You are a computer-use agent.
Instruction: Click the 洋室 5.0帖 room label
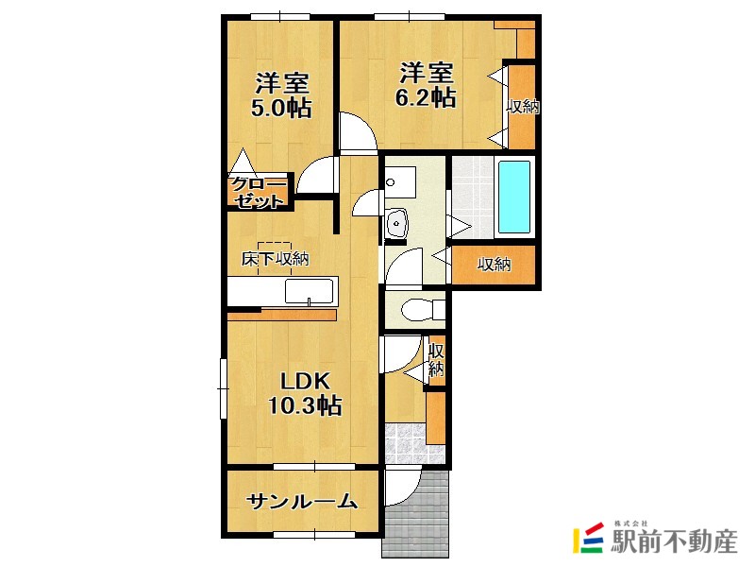pos(281,95)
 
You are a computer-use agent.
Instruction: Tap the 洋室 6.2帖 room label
pos(426,85)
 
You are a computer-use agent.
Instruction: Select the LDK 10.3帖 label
pos(305,393)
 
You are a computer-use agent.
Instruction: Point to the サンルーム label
pos(302,502)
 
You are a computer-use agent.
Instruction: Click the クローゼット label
pos(259,192)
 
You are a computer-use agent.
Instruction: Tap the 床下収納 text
pos(275,259)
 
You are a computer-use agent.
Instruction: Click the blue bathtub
pos(514,198)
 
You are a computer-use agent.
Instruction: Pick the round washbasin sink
pos(396,223)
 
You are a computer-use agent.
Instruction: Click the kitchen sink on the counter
pos(309,291)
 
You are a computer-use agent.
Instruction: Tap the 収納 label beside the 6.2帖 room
pos(523,106)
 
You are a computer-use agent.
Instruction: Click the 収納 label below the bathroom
pos(494,265)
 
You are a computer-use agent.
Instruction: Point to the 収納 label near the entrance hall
pos(436,359)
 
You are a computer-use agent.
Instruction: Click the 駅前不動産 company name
pos(674,541)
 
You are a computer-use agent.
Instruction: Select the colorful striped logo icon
pos(588,537)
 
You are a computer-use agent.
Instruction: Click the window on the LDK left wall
pos(223,388)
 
